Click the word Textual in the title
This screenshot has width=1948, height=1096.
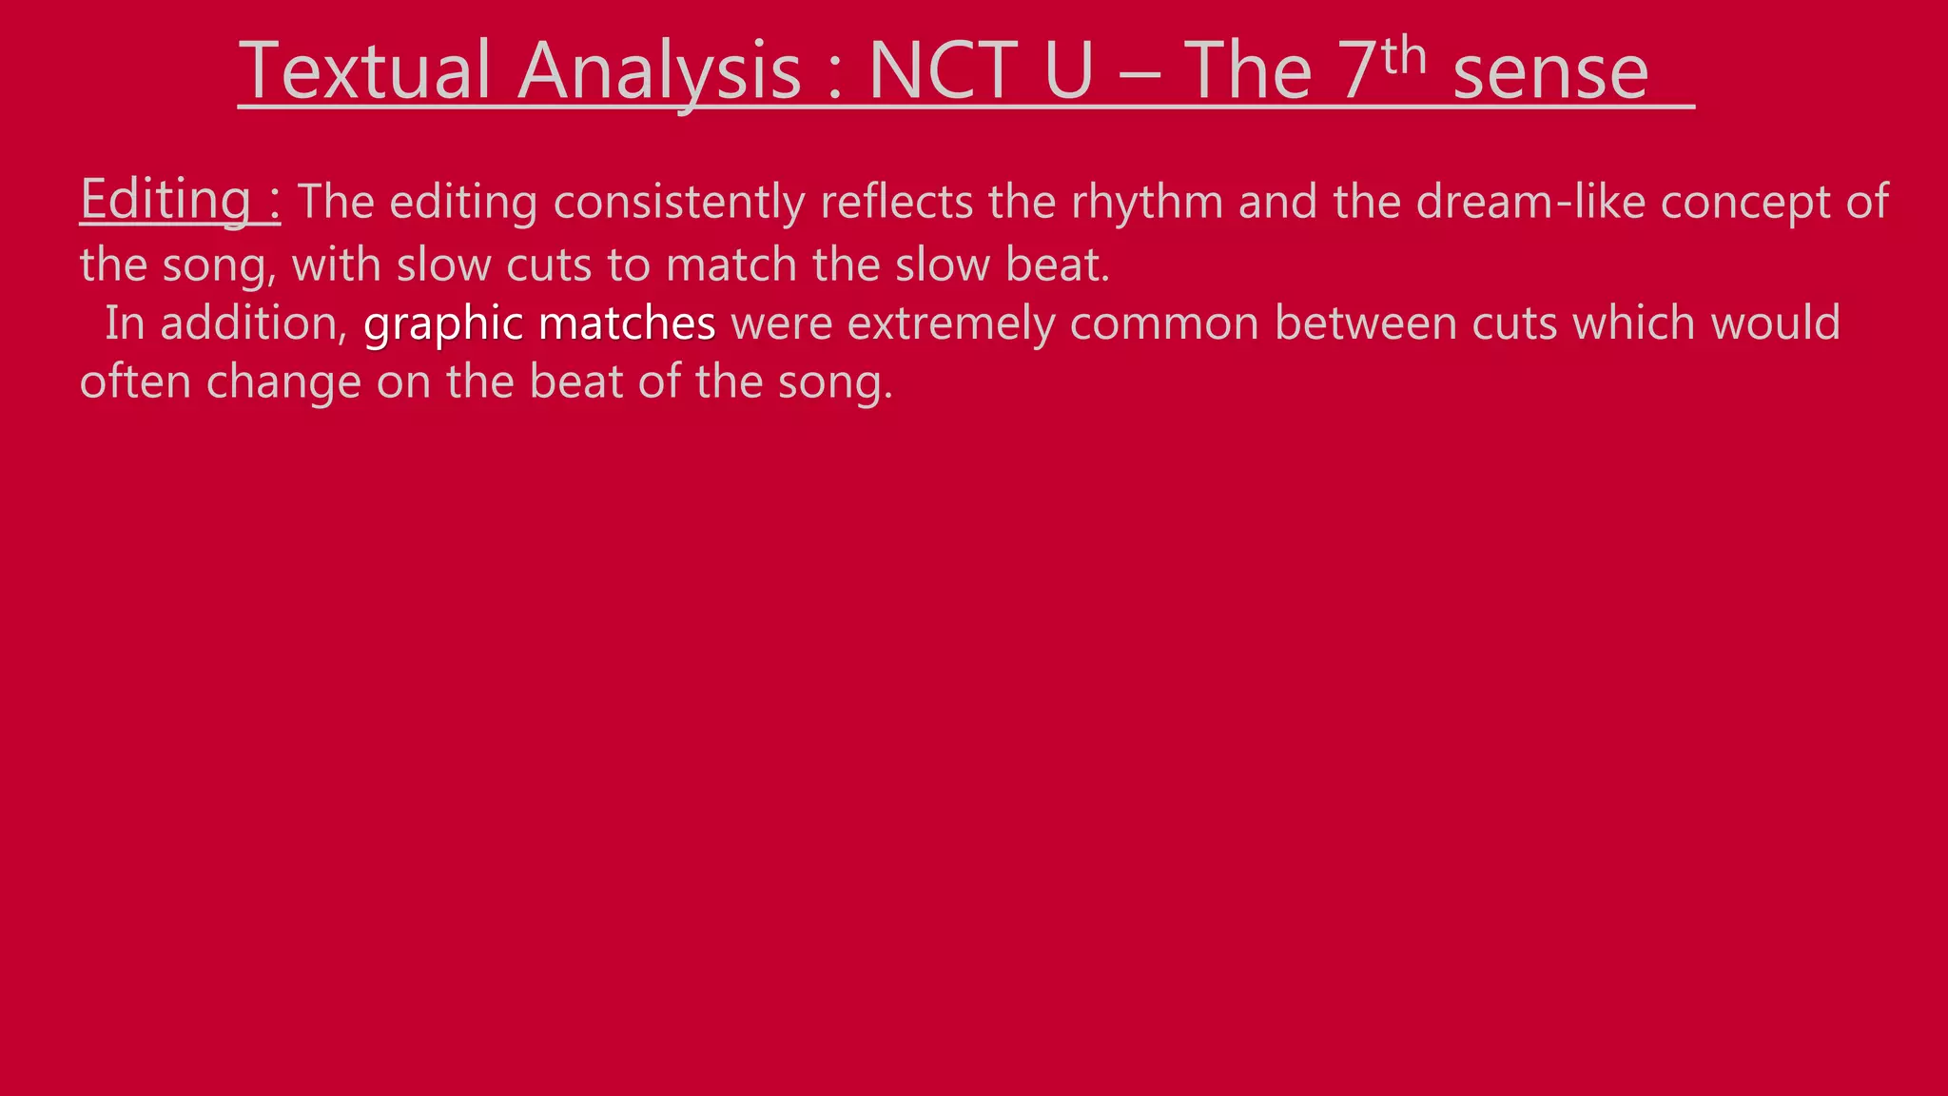tap(363, 70)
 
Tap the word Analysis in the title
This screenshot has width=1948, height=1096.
tap(660, 72)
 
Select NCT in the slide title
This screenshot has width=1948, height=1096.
tap(945, 70)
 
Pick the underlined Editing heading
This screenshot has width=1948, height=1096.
tap(166, 200)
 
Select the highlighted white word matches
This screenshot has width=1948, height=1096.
tap(627, 323)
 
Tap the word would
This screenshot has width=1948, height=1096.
tap(1775, 323)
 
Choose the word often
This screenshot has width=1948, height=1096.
tap(135, 382)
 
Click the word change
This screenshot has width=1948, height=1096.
tap(283, 383)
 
